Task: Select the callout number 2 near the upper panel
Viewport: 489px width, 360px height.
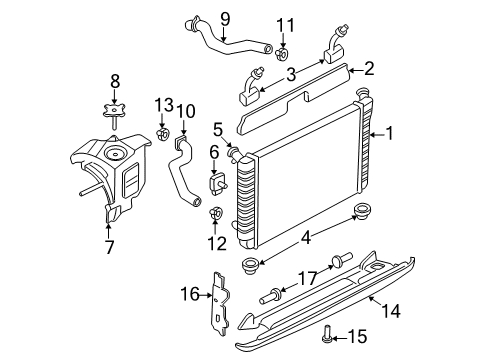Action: coord(369,68)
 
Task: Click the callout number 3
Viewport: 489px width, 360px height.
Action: coord(291,73)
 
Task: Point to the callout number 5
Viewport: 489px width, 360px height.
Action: coord(217,128)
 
